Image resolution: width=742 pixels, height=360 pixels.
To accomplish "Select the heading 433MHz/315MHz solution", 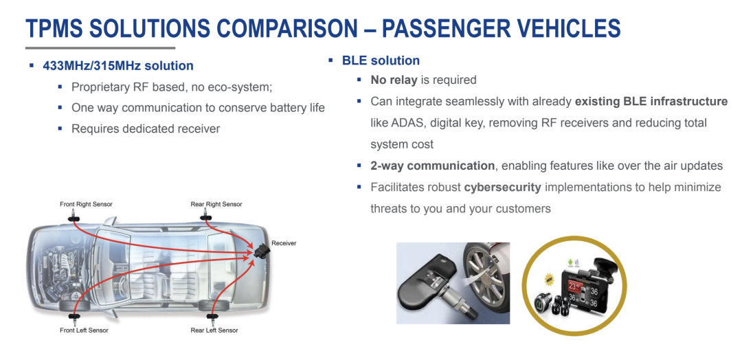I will (x=118, y=66).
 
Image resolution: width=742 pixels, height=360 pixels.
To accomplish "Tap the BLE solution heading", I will (x=381, y=60).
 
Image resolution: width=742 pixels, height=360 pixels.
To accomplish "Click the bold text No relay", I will (x=394, y=80).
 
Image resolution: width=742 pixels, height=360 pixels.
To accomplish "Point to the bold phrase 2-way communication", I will (x=432, y=166).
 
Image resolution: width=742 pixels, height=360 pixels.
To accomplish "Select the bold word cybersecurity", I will (x=502, y=187).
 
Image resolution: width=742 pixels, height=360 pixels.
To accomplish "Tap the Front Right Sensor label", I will (x=86, y=204).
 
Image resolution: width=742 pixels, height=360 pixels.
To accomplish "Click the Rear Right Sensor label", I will (x=216, y=204).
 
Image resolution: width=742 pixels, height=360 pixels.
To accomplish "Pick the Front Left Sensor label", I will (x=84, y=330).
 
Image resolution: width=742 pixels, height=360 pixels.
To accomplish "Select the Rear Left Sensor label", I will (x=214, y=330).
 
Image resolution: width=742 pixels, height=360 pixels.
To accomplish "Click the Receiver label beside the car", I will (x=284, y=243).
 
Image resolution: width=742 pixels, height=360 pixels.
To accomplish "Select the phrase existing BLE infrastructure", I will (x=651, y=102).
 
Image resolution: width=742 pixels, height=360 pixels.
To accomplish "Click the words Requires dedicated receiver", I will (x=146, y=128).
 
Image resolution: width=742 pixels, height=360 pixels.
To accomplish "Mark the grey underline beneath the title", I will (x=100, y=48).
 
